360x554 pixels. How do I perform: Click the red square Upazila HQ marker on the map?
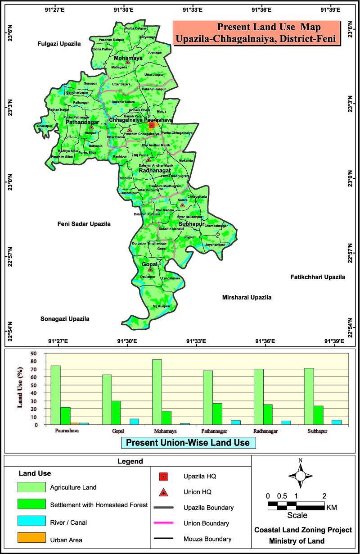click(x=152, y=125)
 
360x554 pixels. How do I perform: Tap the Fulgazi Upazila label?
click(x=59, y=44)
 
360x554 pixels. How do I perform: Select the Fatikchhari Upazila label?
click(x=318, y=277)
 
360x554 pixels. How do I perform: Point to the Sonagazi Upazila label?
click(x=65, y=319)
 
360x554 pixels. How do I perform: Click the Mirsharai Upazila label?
click(x=247, y=298)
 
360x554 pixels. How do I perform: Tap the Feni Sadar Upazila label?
click(x=84, y=224)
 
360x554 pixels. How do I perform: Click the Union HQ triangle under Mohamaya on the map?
click(x=128, y=62)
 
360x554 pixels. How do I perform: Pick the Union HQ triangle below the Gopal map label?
click(x=150, y=269)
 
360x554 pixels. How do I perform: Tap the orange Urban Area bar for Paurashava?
click(x=75, y=424)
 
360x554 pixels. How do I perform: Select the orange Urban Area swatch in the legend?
click(x=31, y=538)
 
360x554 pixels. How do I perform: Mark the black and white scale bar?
click(x=296, y=506)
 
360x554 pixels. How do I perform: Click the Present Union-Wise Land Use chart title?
click(x=188, y=443)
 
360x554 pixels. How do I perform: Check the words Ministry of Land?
click(x=297, y=541)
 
